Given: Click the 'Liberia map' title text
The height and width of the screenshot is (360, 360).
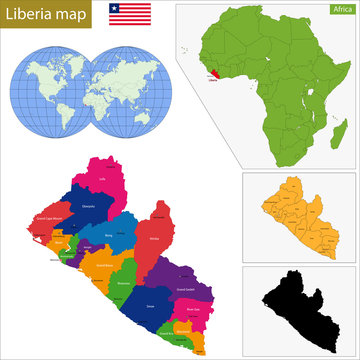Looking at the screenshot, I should pos(49,14).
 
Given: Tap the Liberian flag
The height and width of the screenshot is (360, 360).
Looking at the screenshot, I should pos(130,14).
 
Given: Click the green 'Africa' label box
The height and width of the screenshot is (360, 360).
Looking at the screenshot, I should pos(340,9).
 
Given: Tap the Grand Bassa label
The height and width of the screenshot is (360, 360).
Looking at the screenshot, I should pos(103,266).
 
